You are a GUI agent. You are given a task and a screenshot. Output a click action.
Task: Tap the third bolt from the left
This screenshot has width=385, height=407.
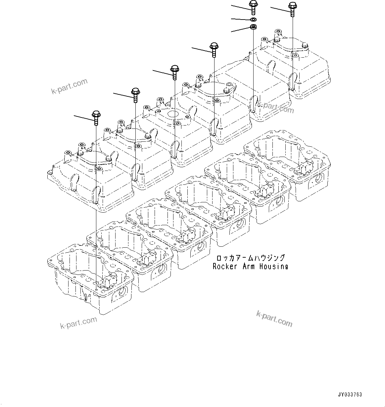[174, 71]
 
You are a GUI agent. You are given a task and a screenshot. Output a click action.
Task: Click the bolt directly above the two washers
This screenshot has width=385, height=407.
[253, 7]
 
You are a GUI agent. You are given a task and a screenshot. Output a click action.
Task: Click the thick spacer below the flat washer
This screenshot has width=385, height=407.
[254, 27]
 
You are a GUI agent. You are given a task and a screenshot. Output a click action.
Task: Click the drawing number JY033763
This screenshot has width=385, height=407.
[350, 395]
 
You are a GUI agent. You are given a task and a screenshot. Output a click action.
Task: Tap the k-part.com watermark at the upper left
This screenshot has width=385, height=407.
[69, 86]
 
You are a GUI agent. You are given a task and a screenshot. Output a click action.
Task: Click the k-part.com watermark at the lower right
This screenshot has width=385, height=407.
[274, 318]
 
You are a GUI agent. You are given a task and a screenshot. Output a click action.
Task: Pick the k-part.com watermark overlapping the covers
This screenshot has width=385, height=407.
[275, 107]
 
